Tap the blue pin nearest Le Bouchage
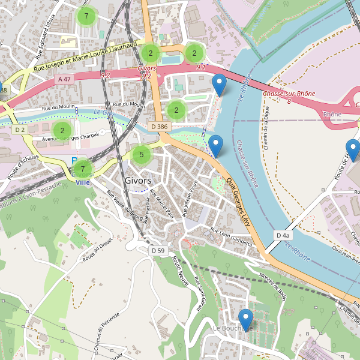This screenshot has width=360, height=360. (x=245, y=319)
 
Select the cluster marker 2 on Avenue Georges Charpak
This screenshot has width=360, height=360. (x=62, y=130)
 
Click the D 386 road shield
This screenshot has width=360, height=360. (x=160, y=127)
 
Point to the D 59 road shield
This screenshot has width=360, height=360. (x=158, y=250)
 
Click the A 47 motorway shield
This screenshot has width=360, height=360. (x=64, y=79)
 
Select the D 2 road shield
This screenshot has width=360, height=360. (x=20, y=130)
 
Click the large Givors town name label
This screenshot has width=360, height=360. (x=138, y=181)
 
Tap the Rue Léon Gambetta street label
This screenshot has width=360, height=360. (x=232, y=233)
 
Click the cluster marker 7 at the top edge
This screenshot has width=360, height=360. (x=86, y=16)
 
